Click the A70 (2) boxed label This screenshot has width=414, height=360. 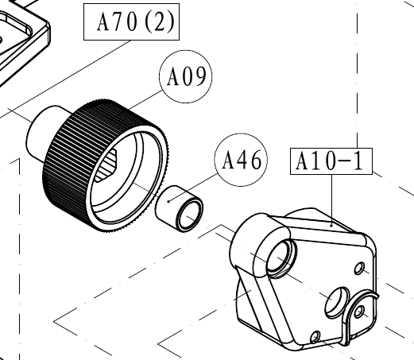tap(131, 21)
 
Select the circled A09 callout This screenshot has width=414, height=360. tap(186, 76)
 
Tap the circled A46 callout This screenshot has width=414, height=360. tap(241, 160)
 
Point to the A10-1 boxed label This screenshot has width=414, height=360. tap(331, 161)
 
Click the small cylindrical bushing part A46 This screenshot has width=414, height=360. tap(179, 209)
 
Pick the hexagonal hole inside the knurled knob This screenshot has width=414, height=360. tap(106, 166)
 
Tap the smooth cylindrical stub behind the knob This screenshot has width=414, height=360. tap(42, 133)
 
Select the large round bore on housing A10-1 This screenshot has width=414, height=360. tap(281, 257)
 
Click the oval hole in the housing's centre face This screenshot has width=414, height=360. tap(337, 302)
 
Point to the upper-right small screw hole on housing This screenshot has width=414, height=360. tap(359, 268)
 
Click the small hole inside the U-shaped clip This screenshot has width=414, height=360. tap(359, 312)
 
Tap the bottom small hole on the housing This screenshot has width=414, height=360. tap(315, 337)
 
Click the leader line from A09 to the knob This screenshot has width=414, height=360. tap(146, 99)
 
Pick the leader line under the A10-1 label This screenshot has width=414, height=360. tap(331, 200)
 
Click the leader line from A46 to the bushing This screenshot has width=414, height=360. tap(194, 188)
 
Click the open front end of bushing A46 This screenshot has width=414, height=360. tap(189, 216)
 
